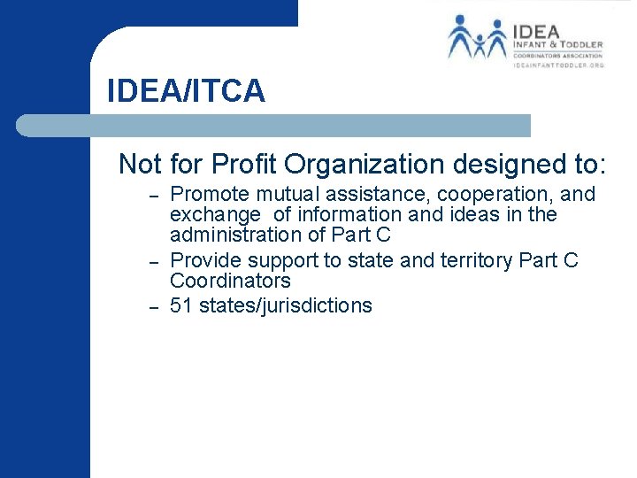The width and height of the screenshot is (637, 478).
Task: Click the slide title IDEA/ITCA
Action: tap(186, 90)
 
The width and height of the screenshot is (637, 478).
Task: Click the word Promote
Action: tap(209, 194)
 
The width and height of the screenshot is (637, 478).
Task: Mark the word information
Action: tap(338, 214)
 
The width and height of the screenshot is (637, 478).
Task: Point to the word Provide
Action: tap(205, 260)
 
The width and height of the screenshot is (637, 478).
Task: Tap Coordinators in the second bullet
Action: tap(230, 281)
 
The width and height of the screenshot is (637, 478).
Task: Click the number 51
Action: tap(181, 306)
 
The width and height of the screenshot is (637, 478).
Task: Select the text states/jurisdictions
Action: tap(286, 307)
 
